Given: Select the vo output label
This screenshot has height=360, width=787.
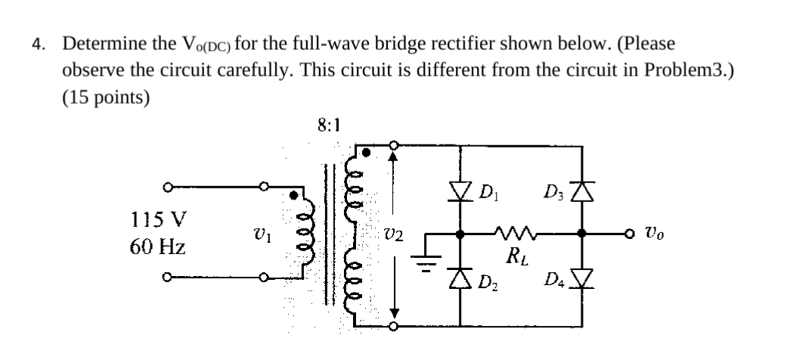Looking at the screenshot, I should [x=656, y=233].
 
